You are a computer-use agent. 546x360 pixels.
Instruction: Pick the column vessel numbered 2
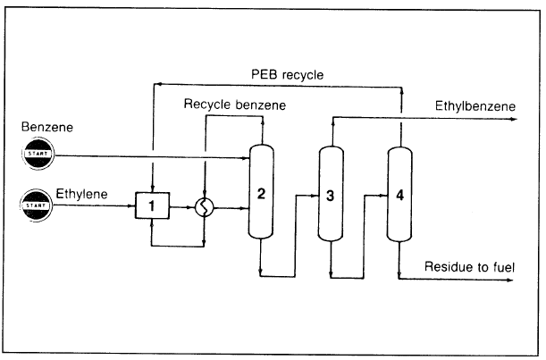pyautogui.click(x=260, y=193)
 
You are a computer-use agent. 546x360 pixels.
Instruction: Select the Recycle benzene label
pyautogui.click(x=235, y=105)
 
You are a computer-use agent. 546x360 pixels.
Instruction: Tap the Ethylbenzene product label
pyautogui.click(x=475, y=105)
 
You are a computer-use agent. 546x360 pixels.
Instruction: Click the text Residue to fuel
pyautogui.click(x=469, y=266)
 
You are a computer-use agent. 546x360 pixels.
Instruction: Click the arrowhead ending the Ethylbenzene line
pyautogui.click(x=513, y=117)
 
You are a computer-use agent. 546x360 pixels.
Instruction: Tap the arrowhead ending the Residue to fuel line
pyautogui.click(x=513, y=279)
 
